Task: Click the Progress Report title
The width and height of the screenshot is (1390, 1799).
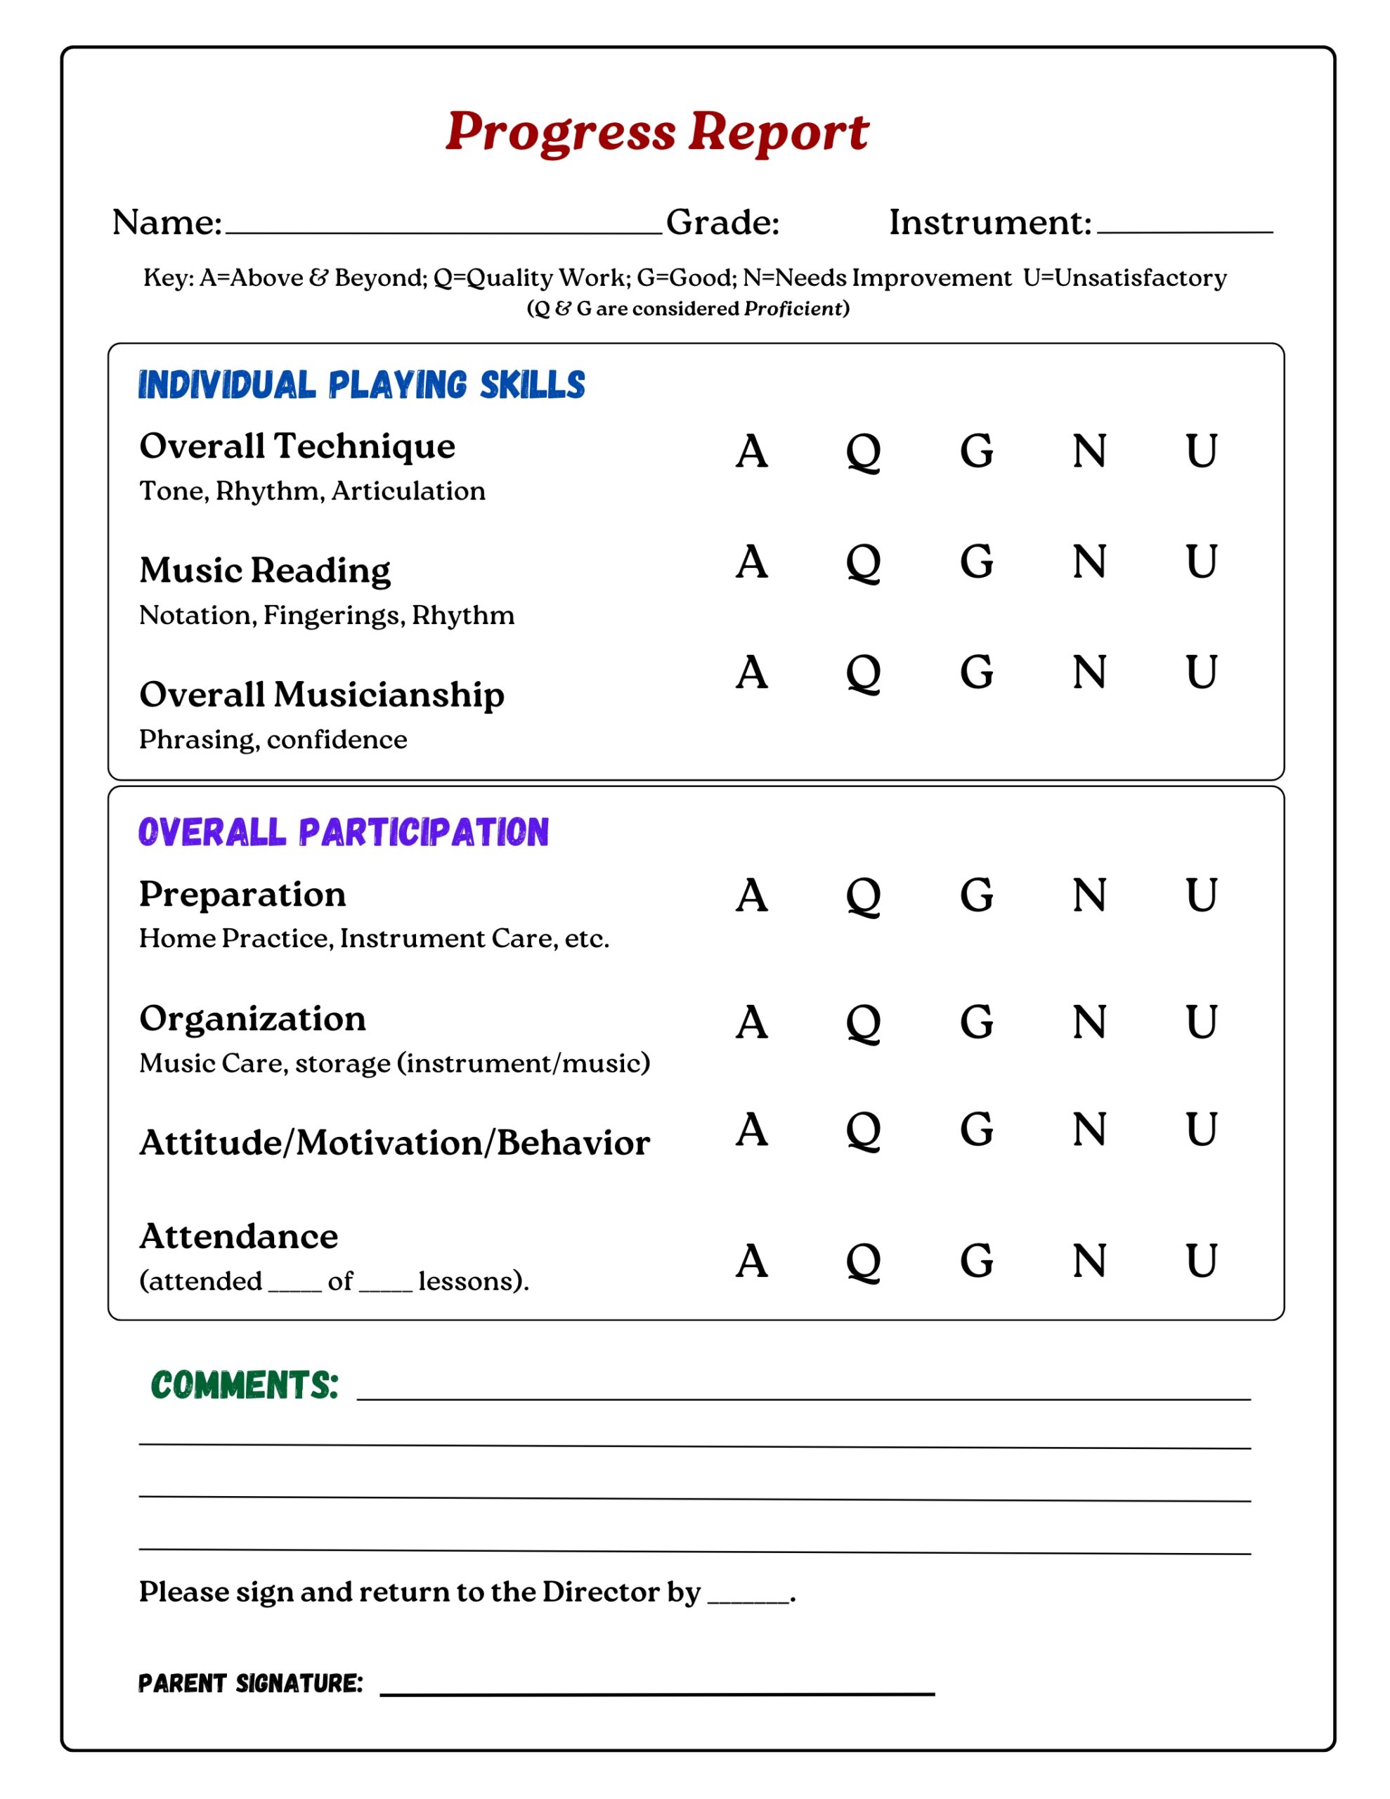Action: (x=656, y=132)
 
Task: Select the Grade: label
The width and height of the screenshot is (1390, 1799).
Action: (x=722, y=222)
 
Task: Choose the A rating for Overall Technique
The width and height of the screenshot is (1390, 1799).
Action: (x=751, y=450)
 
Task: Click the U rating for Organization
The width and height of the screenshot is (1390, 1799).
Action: (x=1201, y=1022)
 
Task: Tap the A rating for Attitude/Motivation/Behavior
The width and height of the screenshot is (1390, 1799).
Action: (x=751, y=1129)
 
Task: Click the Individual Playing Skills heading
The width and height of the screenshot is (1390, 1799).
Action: (x=362, y=384)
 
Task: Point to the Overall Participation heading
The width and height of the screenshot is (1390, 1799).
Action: (x=344, y=832)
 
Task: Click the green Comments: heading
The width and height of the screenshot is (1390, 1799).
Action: (x=245, y=1386)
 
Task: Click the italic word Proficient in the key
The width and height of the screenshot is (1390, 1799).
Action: (x=792, y=309)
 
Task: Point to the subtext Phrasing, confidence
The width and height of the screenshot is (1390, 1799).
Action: (x=273, y=740)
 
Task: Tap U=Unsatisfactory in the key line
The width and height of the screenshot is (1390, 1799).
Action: (x=1124, y=278)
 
